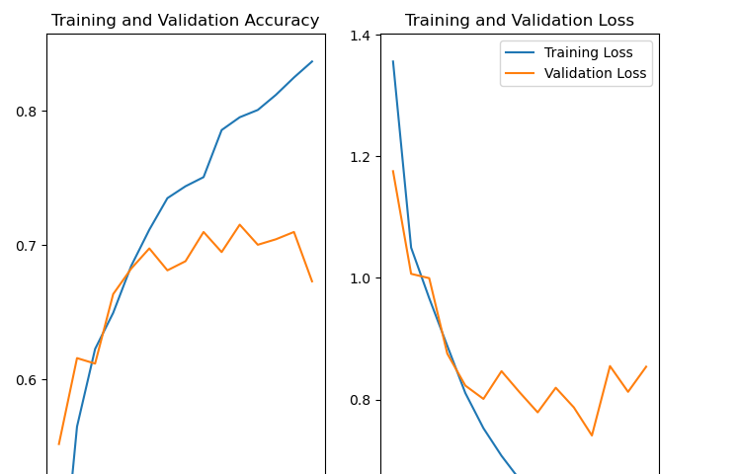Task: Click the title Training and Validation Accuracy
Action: [185, 21]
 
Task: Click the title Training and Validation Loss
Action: [520, 21]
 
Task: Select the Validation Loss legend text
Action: [595, 73]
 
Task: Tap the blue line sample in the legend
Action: [521, 53]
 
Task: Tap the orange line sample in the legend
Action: [521, 74]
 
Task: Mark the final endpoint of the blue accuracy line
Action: [312, 61]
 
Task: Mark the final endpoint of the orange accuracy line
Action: [312, 281]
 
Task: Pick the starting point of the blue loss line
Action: [392, 61]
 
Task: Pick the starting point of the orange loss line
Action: [392, 171]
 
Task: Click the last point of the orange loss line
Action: [646, 366]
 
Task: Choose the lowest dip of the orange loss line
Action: [592, 435]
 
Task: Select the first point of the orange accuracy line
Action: [58, 444]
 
